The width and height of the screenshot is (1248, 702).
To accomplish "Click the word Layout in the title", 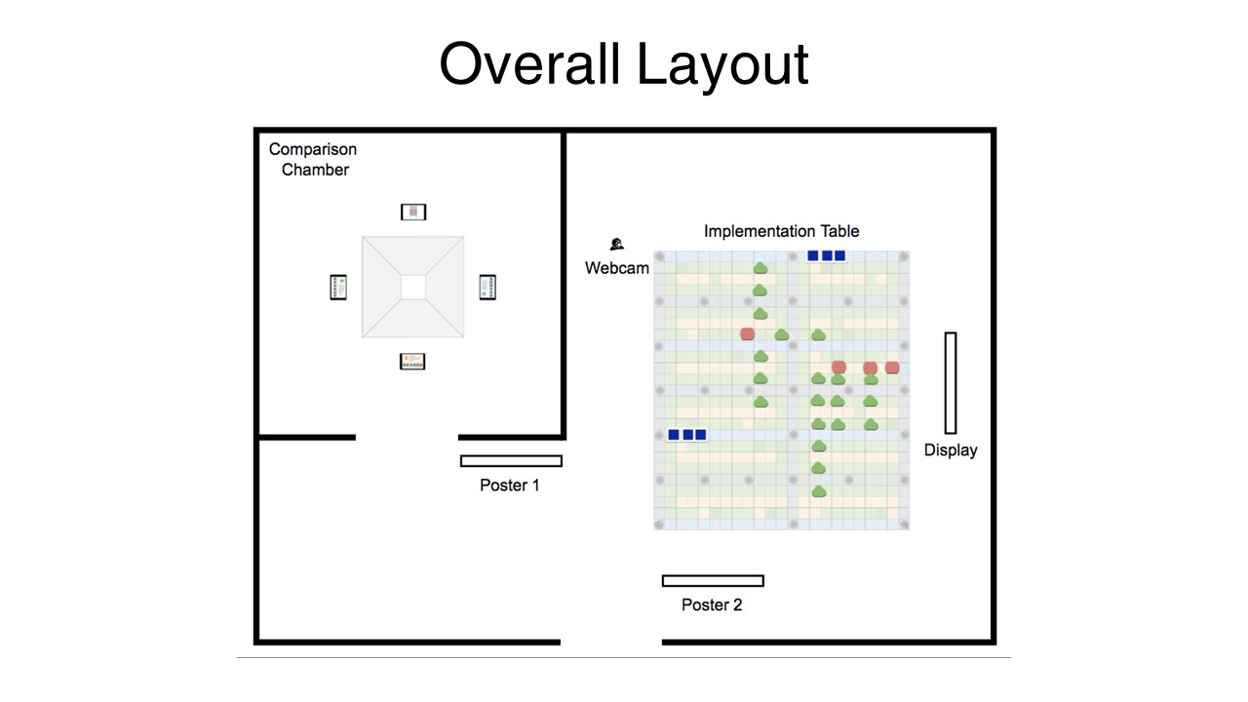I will tap(722, 64).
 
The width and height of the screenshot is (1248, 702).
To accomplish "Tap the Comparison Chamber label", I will tap(313, 159).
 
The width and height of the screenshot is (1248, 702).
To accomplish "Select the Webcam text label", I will tap(616, 267).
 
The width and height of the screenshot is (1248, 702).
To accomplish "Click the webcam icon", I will tap(616, 245).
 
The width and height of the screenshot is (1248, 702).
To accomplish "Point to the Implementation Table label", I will tap(781, 231).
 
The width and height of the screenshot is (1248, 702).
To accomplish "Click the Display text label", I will tap(950, 450).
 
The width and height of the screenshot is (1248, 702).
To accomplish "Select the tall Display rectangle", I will tap(950, 382).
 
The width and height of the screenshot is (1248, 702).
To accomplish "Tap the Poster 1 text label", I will tap(509, 485).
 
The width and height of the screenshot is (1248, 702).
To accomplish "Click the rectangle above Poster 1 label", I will tap(511, 461).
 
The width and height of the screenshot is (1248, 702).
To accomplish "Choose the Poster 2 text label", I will tap(712, 604).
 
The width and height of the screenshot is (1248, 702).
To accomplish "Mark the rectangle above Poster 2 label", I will tap(713, 581).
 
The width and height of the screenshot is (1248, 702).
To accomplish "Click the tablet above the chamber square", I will tap(413, 212).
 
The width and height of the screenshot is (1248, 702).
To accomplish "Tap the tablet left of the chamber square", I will tap(338, 288).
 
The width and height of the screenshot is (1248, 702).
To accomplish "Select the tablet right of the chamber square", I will tap(488, 288).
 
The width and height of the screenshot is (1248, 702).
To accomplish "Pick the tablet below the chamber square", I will tap(413, 362).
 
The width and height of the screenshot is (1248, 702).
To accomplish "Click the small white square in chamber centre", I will tap(413, 287).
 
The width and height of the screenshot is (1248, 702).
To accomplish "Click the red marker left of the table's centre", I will tap(748, 333).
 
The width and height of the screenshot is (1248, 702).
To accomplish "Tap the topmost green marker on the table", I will tap(760, 268).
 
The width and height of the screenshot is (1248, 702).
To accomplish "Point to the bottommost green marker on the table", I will tap(819, 491).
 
